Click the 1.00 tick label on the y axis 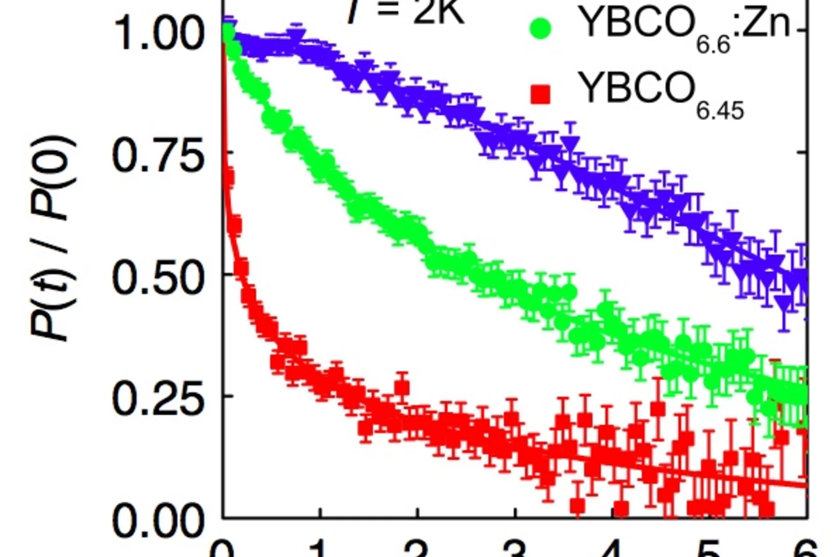click(x=157, y=35)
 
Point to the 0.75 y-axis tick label click(x=157, y=156)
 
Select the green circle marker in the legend click(x=540, y=28)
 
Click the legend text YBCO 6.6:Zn click(x=683, y=26)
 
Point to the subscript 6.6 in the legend click(x=713, y=45)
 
